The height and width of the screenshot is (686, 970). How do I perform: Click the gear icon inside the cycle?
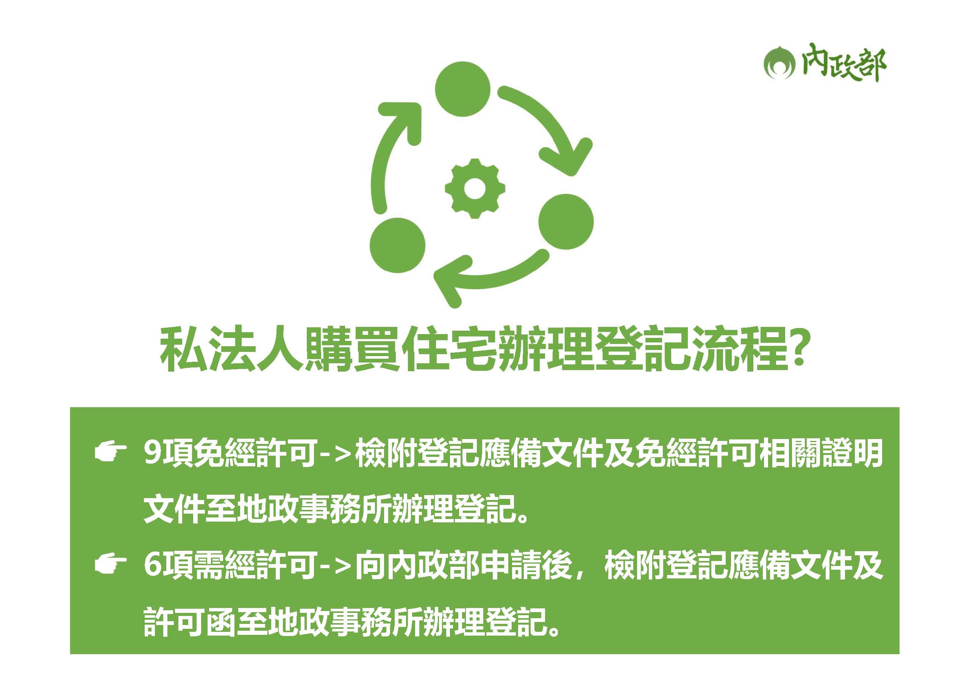(x=475, y=188)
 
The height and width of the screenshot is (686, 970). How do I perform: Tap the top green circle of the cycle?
(x=462, y=89)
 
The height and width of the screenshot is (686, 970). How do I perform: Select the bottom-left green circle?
(x=398, y=245)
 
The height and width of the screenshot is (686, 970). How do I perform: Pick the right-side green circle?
(x=566, y=221)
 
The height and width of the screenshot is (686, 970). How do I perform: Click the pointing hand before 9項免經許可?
(x=111, y=452)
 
